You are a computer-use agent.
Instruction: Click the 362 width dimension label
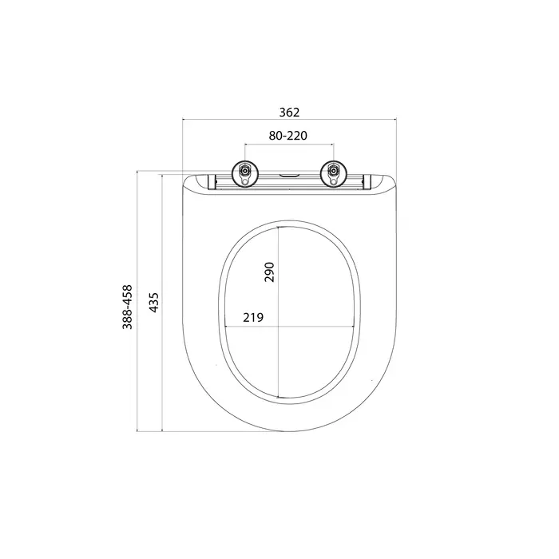[x=289, y=113]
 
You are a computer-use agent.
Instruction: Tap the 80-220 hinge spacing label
[x=287, y=136]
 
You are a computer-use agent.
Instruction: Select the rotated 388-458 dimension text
[x=127, y=307]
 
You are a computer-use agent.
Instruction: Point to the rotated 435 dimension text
[x=153, y=303]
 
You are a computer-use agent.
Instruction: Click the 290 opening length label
[x=269, y=272]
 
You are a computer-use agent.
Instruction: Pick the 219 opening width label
[x=253, y=317]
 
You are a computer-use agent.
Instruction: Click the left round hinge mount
[x=245, y=173]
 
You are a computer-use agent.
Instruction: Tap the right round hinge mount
[x=334, y=173]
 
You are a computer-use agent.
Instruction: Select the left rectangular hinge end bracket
[x=212, y=181]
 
